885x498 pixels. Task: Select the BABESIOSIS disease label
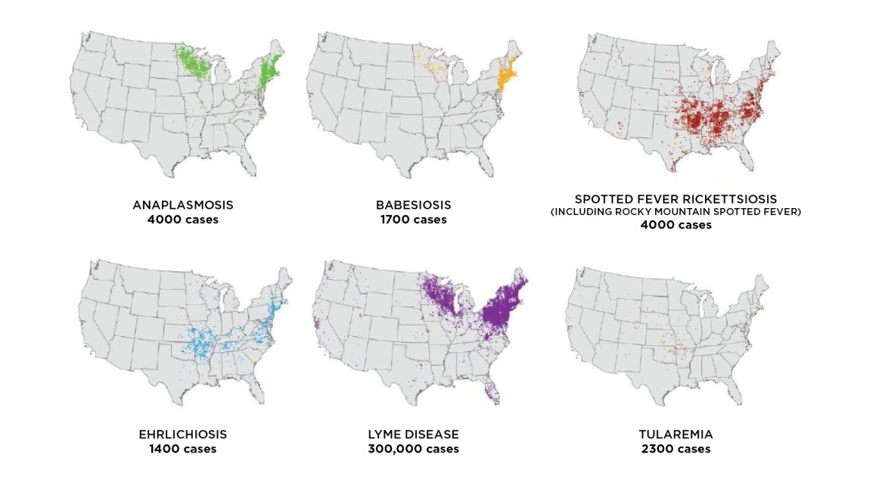click(x=413, y=205)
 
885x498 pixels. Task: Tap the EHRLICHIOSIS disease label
click(x=182, y=434)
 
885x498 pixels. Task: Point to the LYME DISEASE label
click(x=413, y=434)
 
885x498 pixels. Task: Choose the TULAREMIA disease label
click(x=675, y=434)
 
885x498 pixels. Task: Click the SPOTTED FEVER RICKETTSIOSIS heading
click(x=675, y=199)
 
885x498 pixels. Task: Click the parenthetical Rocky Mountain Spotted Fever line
click(x=675, y=212)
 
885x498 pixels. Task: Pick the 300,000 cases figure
click(x=413, y=449)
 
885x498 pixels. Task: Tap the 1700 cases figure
click(x=413, y=219)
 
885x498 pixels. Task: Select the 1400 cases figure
click(x=182, y=449)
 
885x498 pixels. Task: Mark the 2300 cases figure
click(x=675, y=449)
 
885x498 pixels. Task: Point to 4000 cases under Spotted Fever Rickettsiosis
click(x=675, y=225)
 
